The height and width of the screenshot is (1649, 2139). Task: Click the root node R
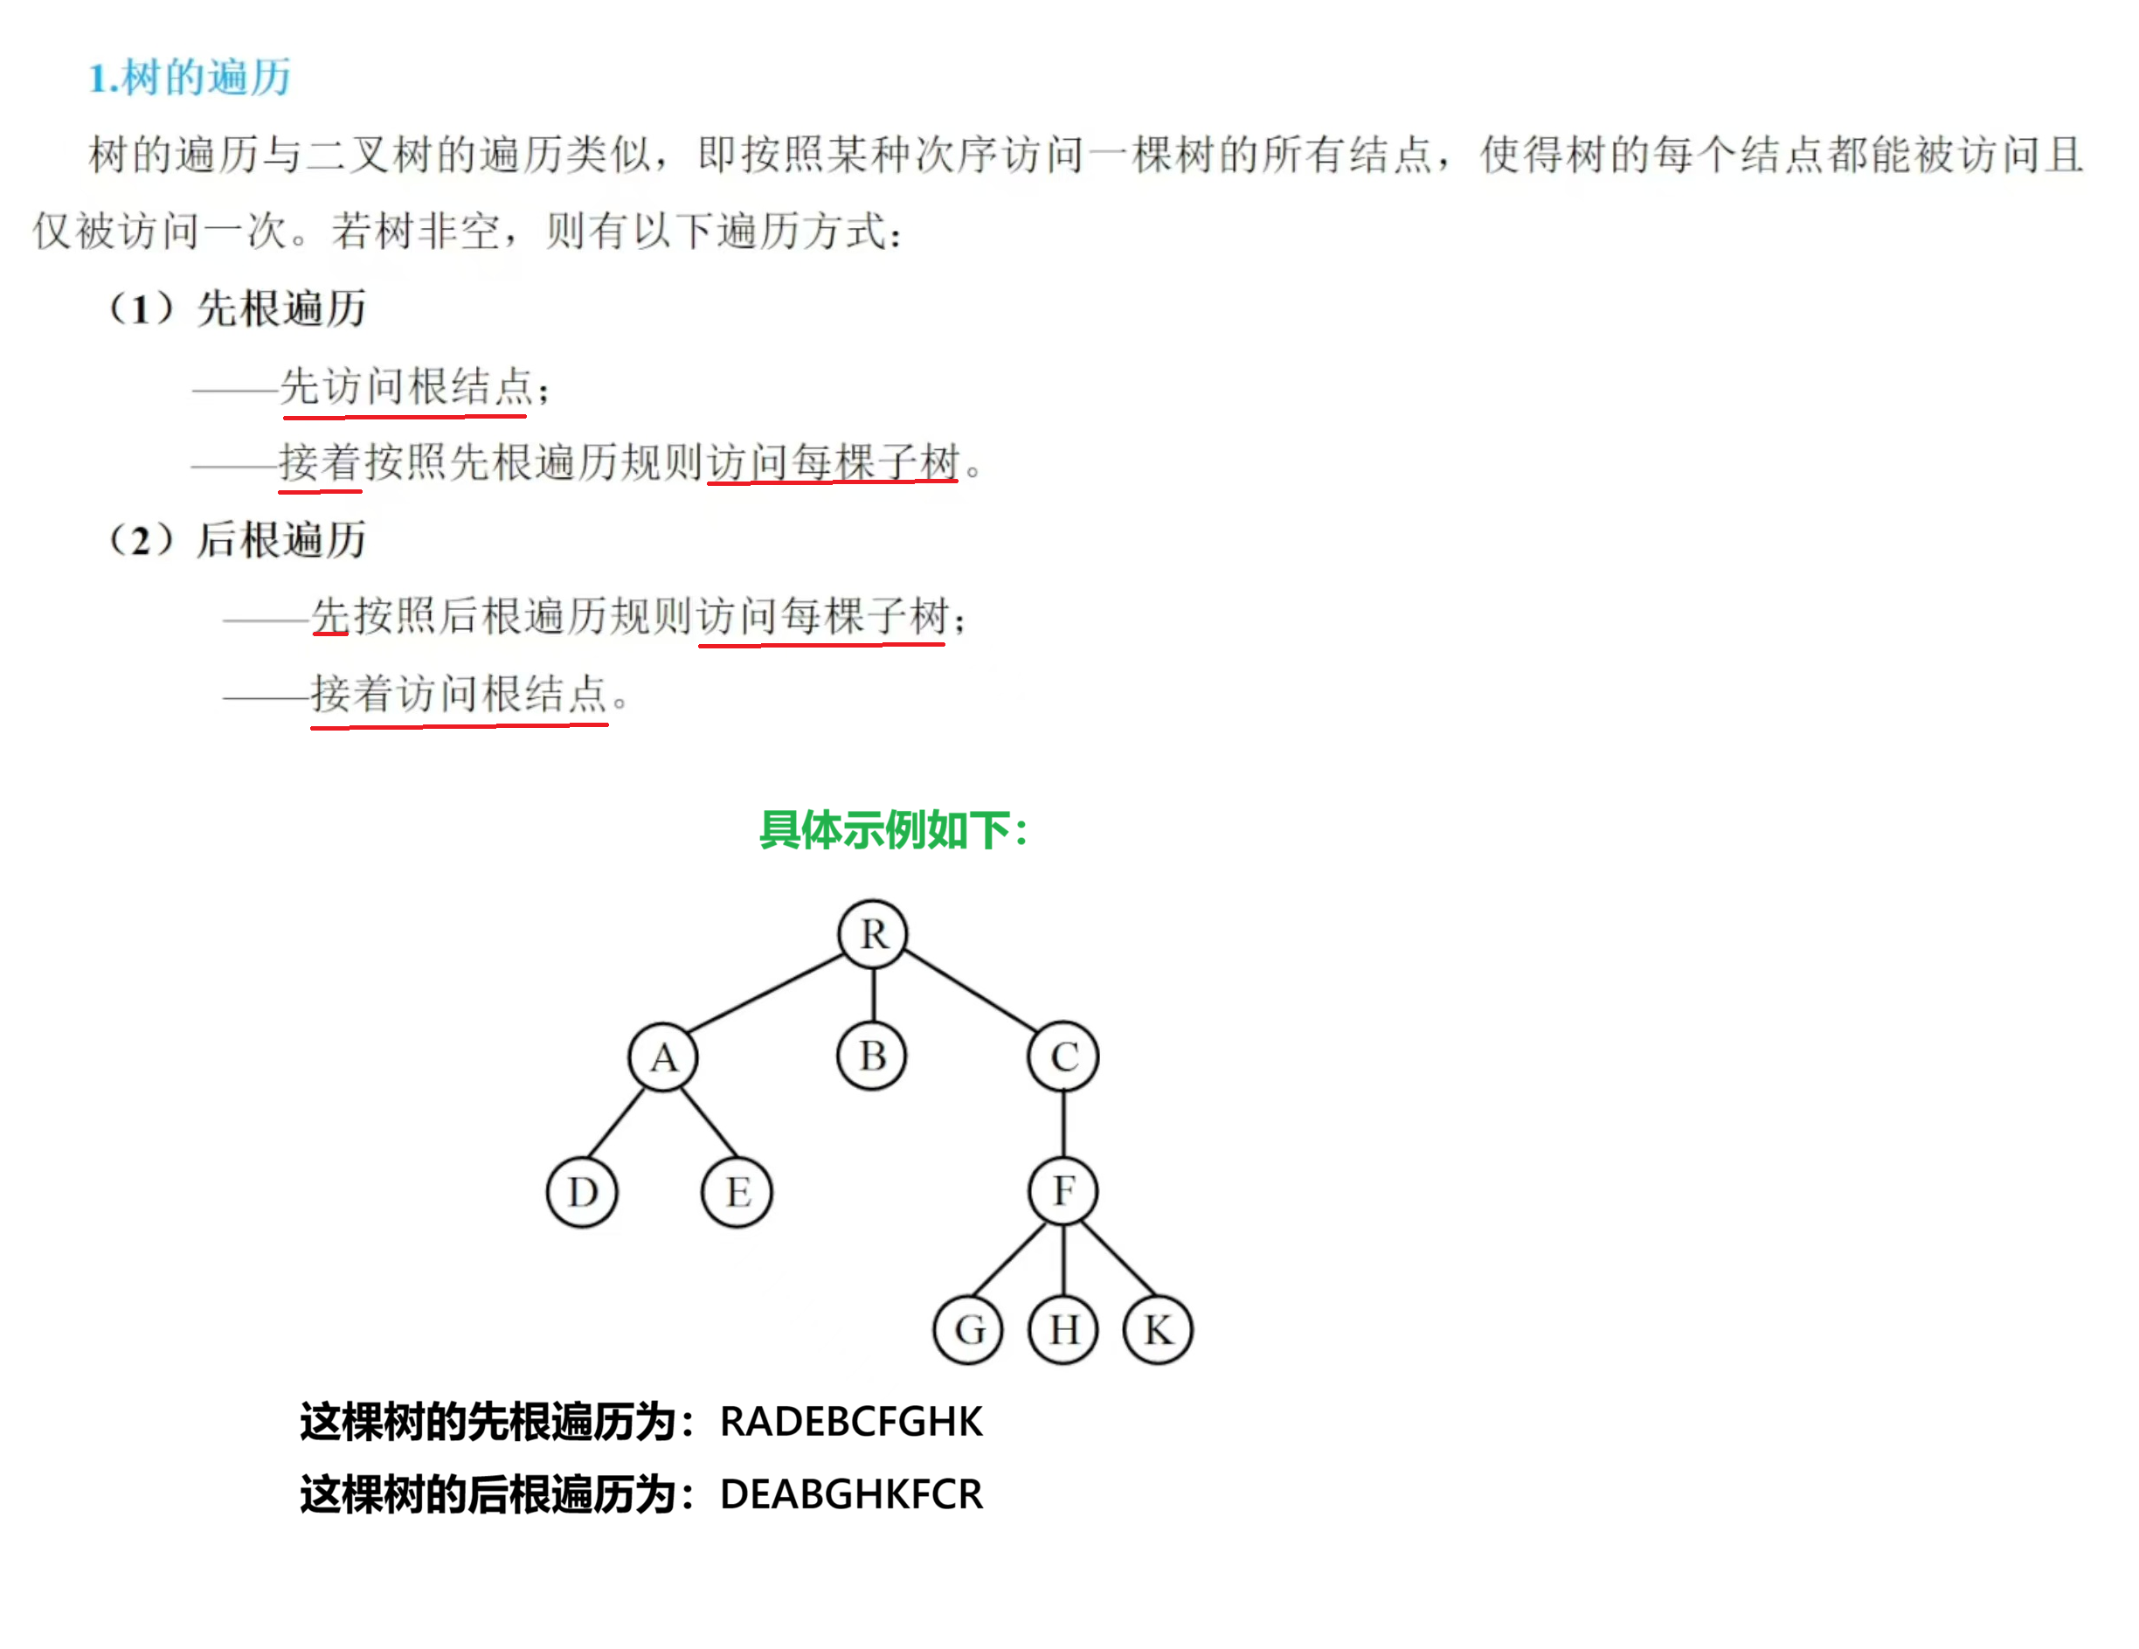coord(873,933)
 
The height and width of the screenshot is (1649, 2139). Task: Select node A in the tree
coord(663,1057)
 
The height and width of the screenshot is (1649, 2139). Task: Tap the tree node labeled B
coord(872,1056)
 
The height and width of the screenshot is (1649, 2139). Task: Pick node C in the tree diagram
coord(1063,1057)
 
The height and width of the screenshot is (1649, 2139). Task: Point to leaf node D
coord(582,1192)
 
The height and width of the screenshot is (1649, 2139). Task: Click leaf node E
coord(737,1192)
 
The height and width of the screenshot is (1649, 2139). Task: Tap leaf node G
coord(969,1329)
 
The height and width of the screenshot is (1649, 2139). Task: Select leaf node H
coord(1063,1329)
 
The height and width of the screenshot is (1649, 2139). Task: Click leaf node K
coord(1158,1329)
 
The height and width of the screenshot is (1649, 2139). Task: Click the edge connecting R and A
coord(767,993)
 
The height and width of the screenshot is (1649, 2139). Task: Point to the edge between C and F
coord(1063,1123)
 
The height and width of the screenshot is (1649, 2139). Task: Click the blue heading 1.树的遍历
coord(190,78)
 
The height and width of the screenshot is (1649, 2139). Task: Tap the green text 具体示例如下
coord(893,829)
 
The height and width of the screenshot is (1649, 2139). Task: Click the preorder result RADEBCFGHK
coord(850,1421)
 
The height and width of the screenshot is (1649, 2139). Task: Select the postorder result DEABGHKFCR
coord(850,1493)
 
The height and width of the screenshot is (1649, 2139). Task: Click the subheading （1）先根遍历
coord(237,308)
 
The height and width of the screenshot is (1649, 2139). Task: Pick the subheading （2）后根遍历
coord(237,539)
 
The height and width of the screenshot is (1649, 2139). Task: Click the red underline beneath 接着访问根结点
coord(459,725)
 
